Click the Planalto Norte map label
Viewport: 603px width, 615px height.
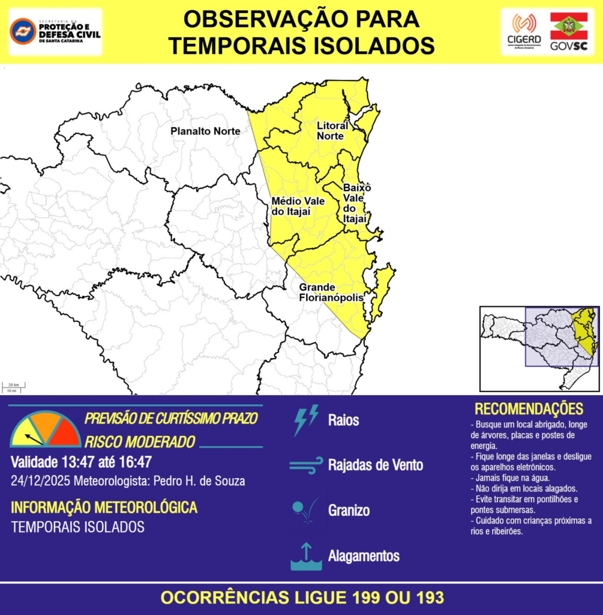205,131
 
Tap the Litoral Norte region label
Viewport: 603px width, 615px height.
332,131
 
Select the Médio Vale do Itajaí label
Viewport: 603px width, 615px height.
298,205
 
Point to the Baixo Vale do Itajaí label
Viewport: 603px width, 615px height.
356,203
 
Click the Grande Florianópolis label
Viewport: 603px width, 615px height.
331,292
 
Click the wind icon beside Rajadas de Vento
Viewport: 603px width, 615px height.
306,465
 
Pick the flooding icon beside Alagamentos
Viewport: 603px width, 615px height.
305,556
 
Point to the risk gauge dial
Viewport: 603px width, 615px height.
46,430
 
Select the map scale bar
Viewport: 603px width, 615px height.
13,387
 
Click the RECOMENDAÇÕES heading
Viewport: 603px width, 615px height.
529,410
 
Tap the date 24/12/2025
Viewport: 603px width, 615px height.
40,482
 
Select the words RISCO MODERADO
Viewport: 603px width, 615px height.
140,442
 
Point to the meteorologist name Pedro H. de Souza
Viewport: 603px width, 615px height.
199,482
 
